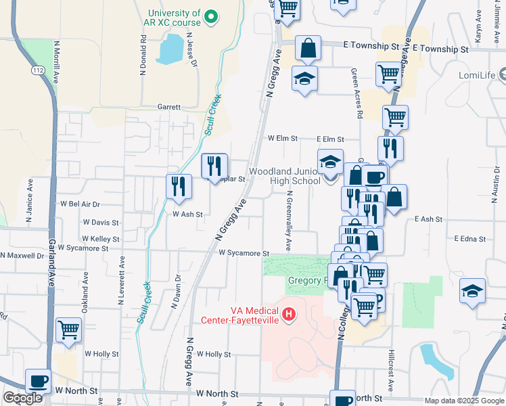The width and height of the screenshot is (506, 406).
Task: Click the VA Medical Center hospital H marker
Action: (x=290, y=314)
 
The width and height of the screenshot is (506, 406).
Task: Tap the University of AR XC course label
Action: (x=174, y=18)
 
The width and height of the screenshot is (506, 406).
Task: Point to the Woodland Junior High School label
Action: (x=285, y=177)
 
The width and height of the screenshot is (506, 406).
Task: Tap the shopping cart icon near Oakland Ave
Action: (x=68, y=330)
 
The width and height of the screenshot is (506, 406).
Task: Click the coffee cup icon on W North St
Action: (x=39, y=381)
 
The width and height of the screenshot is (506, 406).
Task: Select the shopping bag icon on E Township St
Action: (x=308, y=48)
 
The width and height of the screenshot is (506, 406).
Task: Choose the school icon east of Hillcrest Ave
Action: (x=472, y=291)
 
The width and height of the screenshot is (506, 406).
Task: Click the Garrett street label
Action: (x=169, y=107)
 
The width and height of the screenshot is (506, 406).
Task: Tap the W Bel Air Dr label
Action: (x=80, y=204)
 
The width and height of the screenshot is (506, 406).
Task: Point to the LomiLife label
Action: (x=478, y=75)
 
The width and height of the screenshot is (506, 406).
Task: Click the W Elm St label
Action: (x=283, y=138)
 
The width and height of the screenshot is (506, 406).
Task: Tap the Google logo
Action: (x=23, y=398)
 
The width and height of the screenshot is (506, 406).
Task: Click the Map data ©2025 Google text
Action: (x=463, y=401)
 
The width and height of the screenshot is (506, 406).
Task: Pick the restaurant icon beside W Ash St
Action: (x=178, y=186)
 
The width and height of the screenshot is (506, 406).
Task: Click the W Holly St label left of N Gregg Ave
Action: (x=101, y=354)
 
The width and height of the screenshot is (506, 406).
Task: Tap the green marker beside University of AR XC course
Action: (x=211, y=16)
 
